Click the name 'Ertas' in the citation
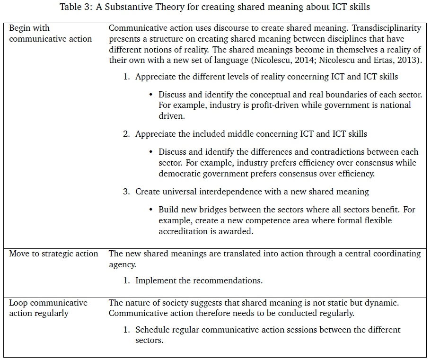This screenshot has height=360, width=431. tap(380, 61)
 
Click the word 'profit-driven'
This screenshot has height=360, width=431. tap(273, 105)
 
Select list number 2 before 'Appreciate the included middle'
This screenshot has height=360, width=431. tap(126, 134)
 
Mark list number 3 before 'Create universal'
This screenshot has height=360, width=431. tap(126, 192)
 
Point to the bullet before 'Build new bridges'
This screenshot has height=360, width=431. tap(150, 210)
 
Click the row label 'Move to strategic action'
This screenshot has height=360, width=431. tap(53, 254)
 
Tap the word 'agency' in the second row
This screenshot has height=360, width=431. tap(122, 265)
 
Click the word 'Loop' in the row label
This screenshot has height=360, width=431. tap(18, 303)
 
